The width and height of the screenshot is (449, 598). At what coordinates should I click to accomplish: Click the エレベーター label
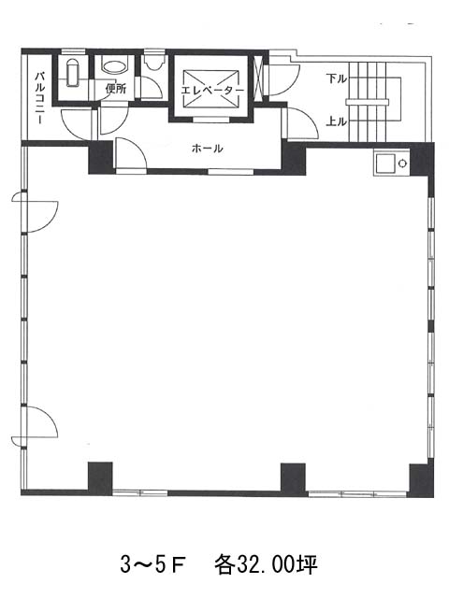(212, 91)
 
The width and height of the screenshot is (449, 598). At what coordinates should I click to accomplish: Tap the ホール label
(207, 148)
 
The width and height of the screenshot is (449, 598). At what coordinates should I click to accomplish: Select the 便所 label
(115, 89)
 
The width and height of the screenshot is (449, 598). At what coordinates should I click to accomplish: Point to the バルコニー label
(39, 98)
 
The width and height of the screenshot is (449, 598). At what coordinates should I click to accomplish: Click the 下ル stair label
(337, 78)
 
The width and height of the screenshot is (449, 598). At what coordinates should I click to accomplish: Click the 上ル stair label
(337, 121)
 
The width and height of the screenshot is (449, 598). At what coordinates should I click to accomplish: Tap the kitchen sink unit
(391, 164)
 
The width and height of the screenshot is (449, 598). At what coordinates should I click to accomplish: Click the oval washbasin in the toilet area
(114, 67)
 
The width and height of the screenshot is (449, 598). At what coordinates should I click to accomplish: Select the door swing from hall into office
(131, 154)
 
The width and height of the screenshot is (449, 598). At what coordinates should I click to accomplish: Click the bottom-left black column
(100, 478)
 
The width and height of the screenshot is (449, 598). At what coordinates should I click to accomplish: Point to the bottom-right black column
(422, 479)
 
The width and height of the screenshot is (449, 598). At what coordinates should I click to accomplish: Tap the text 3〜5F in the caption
(152, 565)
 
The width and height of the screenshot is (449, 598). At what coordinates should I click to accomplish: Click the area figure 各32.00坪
(266, 565)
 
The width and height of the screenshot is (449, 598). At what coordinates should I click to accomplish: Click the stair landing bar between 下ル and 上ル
(368, 102)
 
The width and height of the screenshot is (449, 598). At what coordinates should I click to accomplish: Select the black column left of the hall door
(101, 158)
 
